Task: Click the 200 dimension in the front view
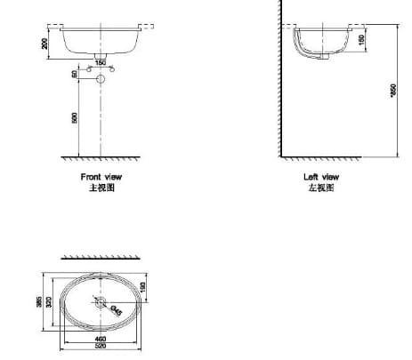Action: tap(44, 41)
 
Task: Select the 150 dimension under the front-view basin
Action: tap(100, 62)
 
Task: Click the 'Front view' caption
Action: tap(101, 178)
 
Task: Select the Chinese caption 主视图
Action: tap(101, 188)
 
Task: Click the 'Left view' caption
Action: tap(321, 178)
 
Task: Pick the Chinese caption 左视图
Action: tap(321, 188)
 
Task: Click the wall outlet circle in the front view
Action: tap(100, 79)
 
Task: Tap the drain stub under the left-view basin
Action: tap(327, 57)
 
